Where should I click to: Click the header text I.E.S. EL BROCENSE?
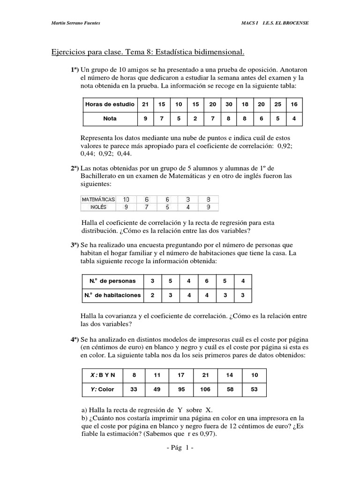285,23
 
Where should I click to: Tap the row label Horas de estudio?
110,104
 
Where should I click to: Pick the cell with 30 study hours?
228,104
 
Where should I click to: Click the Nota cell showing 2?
195,119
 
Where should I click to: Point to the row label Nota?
110,119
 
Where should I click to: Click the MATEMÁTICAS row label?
98,199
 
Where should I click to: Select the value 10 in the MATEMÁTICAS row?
126,199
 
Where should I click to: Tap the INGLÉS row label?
98,206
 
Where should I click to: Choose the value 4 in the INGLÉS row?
188,206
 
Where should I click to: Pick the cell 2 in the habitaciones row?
152,295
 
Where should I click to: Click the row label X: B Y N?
103,375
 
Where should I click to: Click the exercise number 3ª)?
75,245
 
